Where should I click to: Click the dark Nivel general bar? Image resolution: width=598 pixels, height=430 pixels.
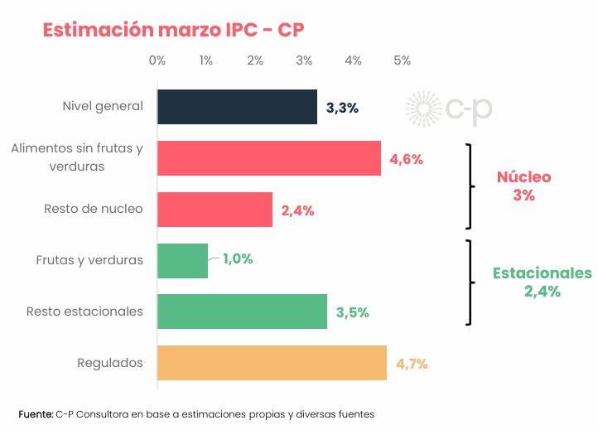click(x=237, y=107)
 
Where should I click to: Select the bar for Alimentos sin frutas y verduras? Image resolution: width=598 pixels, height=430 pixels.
click(x=268, y=158)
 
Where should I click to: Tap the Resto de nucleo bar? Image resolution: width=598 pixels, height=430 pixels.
click(x=215, y=210)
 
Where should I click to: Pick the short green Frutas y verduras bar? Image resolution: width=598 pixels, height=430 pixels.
click(x=182, y=260)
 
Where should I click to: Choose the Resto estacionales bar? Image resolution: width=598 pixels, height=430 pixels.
click(x=242, y=312)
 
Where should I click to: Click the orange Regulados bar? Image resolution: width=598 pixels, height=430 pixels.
click(x=272, y=363)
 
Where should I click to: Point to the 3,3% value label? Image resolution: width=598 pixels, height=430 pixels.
click(x=342, y=108)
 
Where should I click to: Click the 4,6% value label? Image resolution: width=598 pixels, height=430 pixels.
click(x=406, y=159)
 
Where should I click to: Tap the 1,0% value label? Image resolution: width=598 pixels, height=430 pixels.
click(x=237, y=259)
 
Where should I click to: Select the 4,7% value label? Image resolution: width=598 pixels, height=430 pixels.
click(x=412, y=364)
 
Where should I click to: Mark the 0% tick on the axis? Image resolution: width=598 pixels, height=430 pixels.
click(x=157, y=60)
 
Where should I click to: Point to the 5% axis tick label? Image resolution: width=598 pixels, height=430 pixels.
click(x=403, y=60)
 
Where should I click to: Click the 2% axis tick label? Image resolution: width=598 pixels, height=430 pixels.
click(x=255, y=60)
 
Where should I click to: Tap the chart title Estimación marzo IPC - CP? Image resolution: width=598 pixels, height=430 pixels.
click(x=173, y=30)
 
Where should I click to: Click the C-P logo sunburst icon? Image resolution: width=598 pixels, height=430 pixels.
click(x=423, y=109)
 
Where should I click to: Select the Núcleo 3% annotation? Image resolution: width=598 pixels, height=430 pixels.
click(x=523, y=186)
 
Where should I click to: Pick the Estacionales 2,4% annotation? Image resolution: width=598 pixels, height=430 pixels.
click(x=542, y=282)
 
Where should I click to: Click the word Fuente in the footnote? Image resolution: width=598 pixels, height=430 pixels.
click(x=35, y=413)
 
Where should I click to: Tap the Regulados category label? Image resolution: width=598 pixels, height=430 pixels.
click(x=110, y=363)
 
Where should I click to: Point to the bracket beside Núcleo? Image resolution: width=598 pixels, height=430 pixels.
click(x=470, y=186)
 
